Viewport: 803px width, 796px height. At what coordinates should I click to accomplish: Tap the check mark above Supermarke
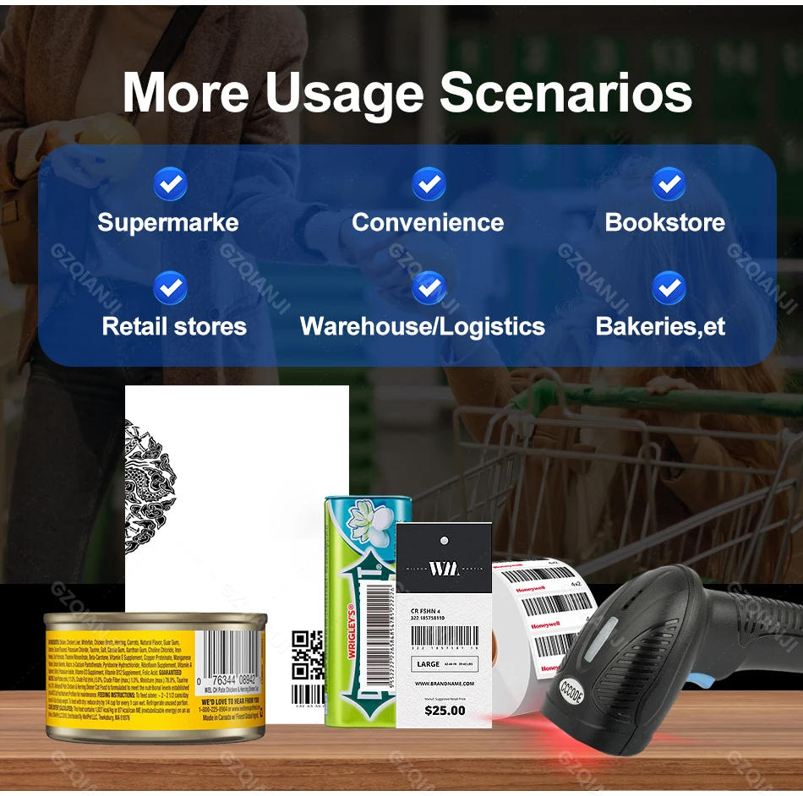170,183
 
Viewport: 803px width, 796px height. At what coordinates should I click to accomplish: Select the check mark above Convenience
429,183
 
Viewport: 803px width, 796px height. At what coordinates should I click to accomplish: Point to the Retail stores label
174,326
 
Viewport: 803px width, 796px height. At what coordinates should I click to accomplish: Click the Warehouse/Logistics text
423,326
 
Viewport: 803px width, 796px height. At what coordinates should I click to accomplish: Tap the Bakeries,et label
660,326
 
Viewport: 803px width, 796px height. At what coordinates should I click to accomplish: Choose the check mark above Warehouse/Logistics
429,288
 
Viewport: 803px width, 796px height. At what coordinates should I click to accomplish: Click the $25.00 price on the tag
445,710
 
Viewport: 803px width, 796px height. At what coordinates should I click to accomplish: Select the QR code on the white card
308,655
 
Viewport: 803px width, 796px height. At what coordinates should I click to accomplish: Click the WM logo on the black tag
444,568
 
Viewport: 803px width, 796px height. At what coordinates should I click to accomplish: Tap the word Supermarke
168,223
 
